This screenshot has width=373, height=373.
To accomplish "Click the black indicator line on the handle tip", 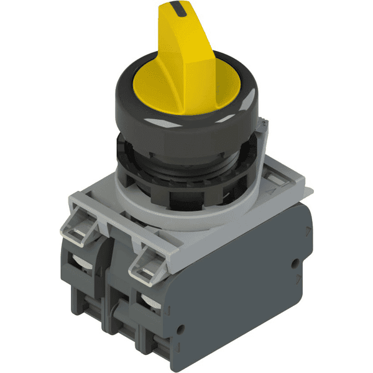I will (180, 8).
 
